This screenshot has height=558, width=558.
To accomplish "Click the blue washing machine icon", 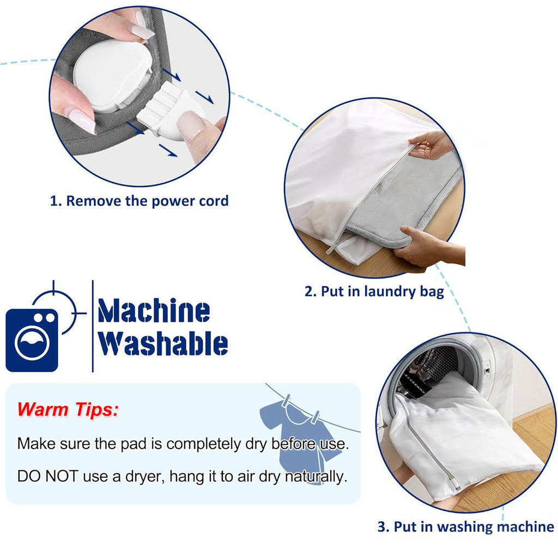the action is [32, 340].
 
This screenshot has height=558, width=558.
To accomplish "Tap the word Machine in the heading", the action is [154, 311].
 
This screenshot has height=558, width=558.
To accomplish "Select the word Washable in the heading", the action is [163, 343].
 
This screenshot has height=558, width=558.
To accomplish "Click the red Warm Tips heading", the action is [68, 409].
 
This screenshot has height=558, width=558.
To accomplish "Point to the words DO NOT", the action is [48, 476].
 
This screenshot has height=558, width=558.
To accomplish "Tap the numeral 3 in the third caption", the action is [381, 527].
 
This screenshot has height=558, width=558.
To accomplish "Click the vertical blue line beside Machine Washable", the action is [93, 326].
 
